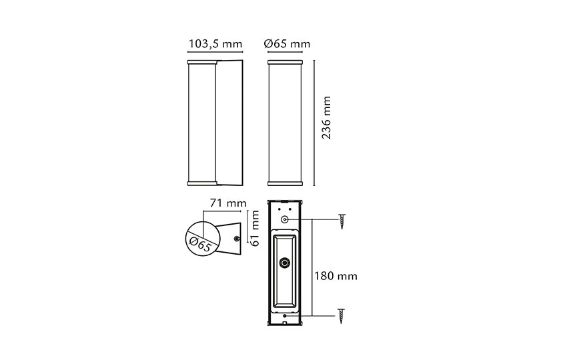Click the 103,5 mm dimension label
pos(215,44)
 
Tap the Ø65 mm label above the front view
pos(287,44)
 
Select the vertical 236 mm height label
pos(326,117)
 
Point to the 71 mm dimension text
pos(228,203)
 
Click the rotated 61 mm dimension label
pos(255,228)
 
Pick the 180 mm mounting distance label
pos(336,276)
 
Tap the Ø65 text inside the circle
pos(200,243)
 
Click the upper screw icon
pos(342,221)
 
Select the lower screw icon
pos(342,316)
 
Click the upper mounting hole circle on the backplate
pos(285,219)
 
